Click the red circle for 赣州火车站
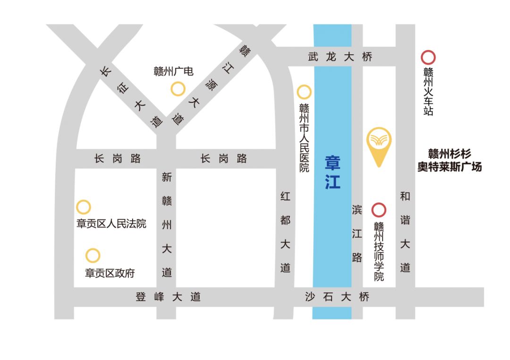click(x=428, y=58)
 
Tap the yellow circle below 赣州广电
click(x=178, y=89)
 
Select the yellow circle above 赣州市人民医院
click(x=304, y=92)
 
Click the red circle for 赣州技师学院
click(x=379, y=210)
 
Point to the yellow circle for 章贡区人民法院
click(x=84, y=207)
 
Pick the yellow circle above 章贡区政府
click(x=93, y=256)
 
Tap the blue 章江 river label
click(x=332, y=172)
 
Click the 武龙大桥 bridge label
click(x=340, y=57)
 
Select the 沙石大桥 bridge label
click(x=337, y=297)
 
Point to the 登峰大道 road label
click(x=169, y=297)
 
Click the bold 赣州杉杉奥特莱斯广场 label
click(x=449, y=160)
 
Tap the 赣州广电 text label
click(x=173, y=72)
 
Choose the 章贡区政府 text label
click(x=110, y=273)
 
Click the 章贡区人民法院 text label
click(x=111, y=223)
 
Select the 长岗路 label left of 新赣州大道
click(x=118, y=159)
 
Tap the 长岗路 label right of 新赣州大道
click(x=224, y=159)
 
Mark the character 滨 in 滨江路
click(x=357, y=209)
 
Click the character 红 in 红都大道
click(x=285, y=197)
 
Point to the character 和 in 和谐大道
click(x=405, y=197)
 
